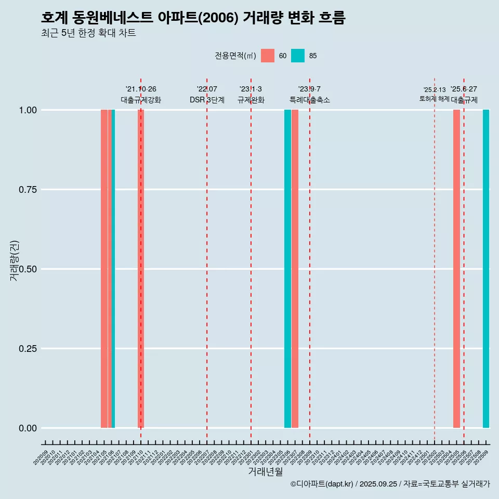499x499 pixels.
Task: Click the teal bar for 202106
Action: (x=113, y=269)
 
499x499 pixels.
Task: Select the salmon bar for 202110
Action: (x=141, y=269)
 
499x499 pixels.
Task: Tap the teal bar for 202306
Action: (x=287, y=269)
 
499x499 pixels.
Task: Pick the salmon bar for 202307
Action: (x=295, y=269)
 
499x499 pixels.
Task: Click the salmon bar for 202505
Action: (x=456, y=269)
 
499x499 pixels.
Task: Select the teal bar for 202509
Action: (x=486, y=269)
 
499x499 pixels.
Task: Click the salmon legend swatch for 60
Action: (x=268, y=56)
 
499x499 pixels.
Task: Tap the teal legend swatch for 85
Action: (x=298, y=56)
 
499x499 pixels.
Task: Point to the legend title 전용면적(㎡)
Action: (x=235, y=56)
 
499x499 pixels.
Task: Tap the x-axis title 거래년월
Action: (x=265, y=471)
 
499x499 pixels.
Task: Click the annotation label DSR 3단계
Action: (x=207, y=100)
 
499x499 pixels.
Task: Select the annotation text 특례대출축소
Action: (x=310, y=100)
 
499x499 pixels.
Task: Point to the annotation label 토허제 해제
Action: (x=434, y=99)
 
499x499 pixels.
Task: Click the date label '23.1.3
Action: (x=251, y=89)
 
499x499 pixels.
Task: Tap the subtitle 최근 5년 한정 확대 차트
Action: (x=88, y=33)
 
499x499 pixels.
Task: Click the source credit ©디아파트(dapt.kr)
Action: (x=322, y=484)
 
